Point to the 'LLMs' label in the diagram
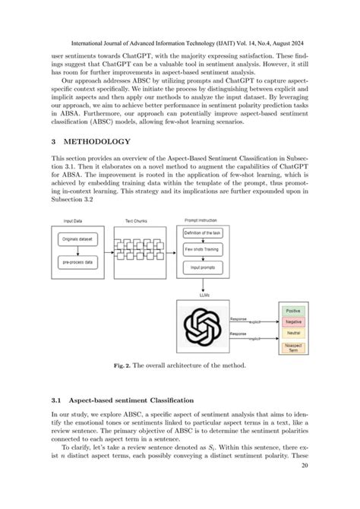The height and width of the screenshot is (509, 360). pyautogui.click(x=204, y=291)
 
